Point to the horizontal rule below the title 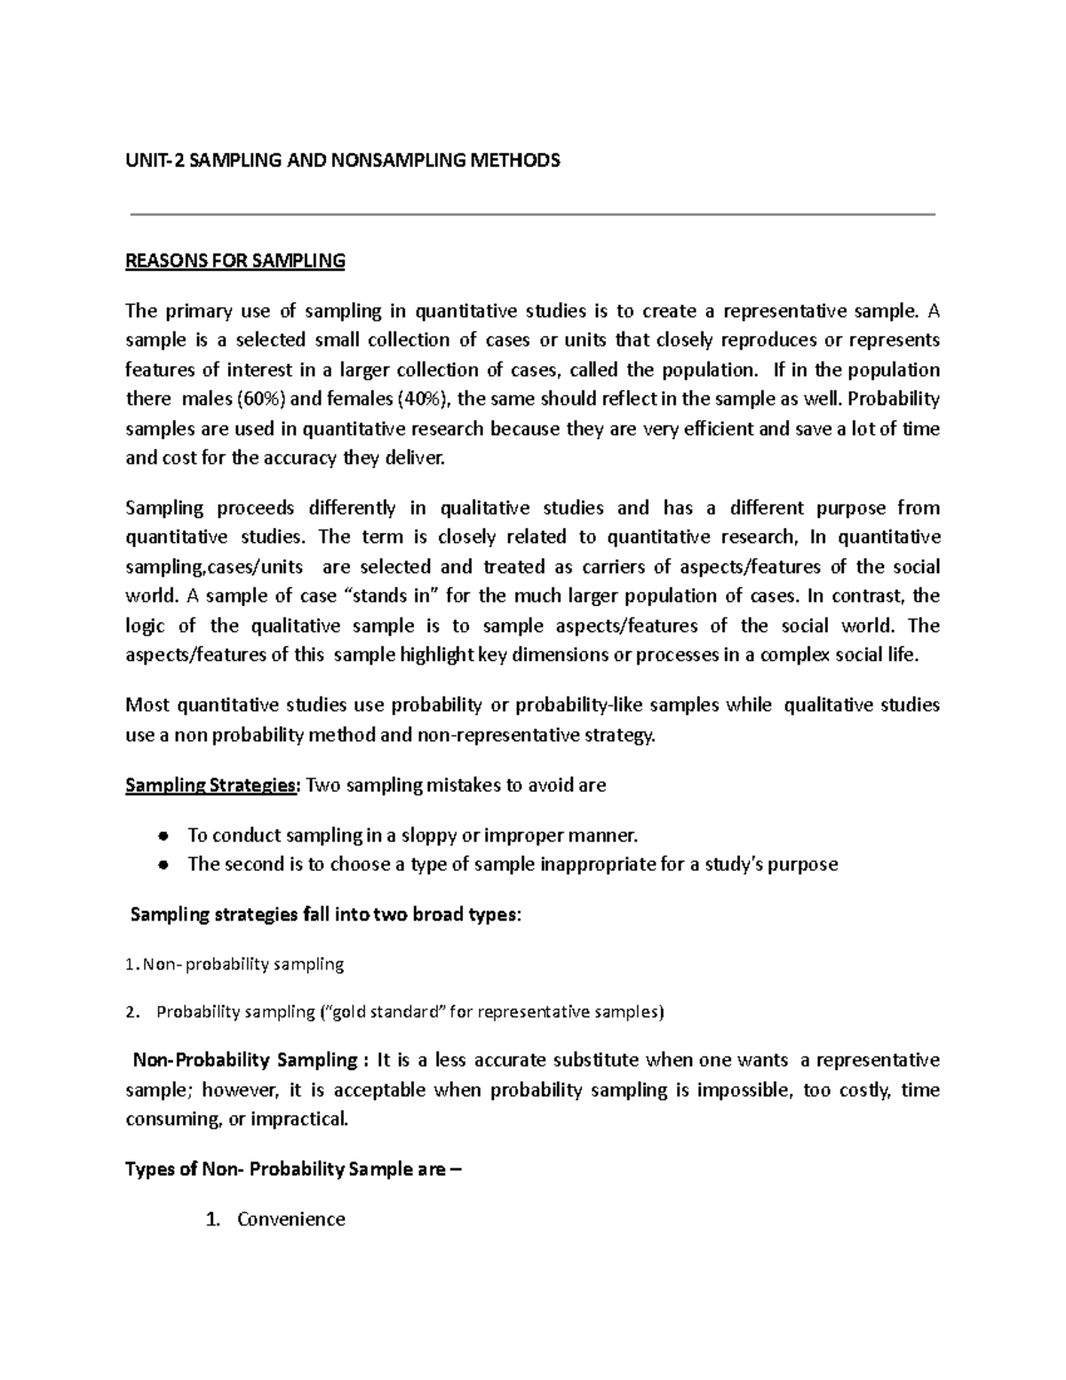click(x=533, y=214)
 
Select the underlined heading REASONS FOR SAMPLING click(x=235, y=261)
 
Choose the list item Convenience click(x=290, y=1219)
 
